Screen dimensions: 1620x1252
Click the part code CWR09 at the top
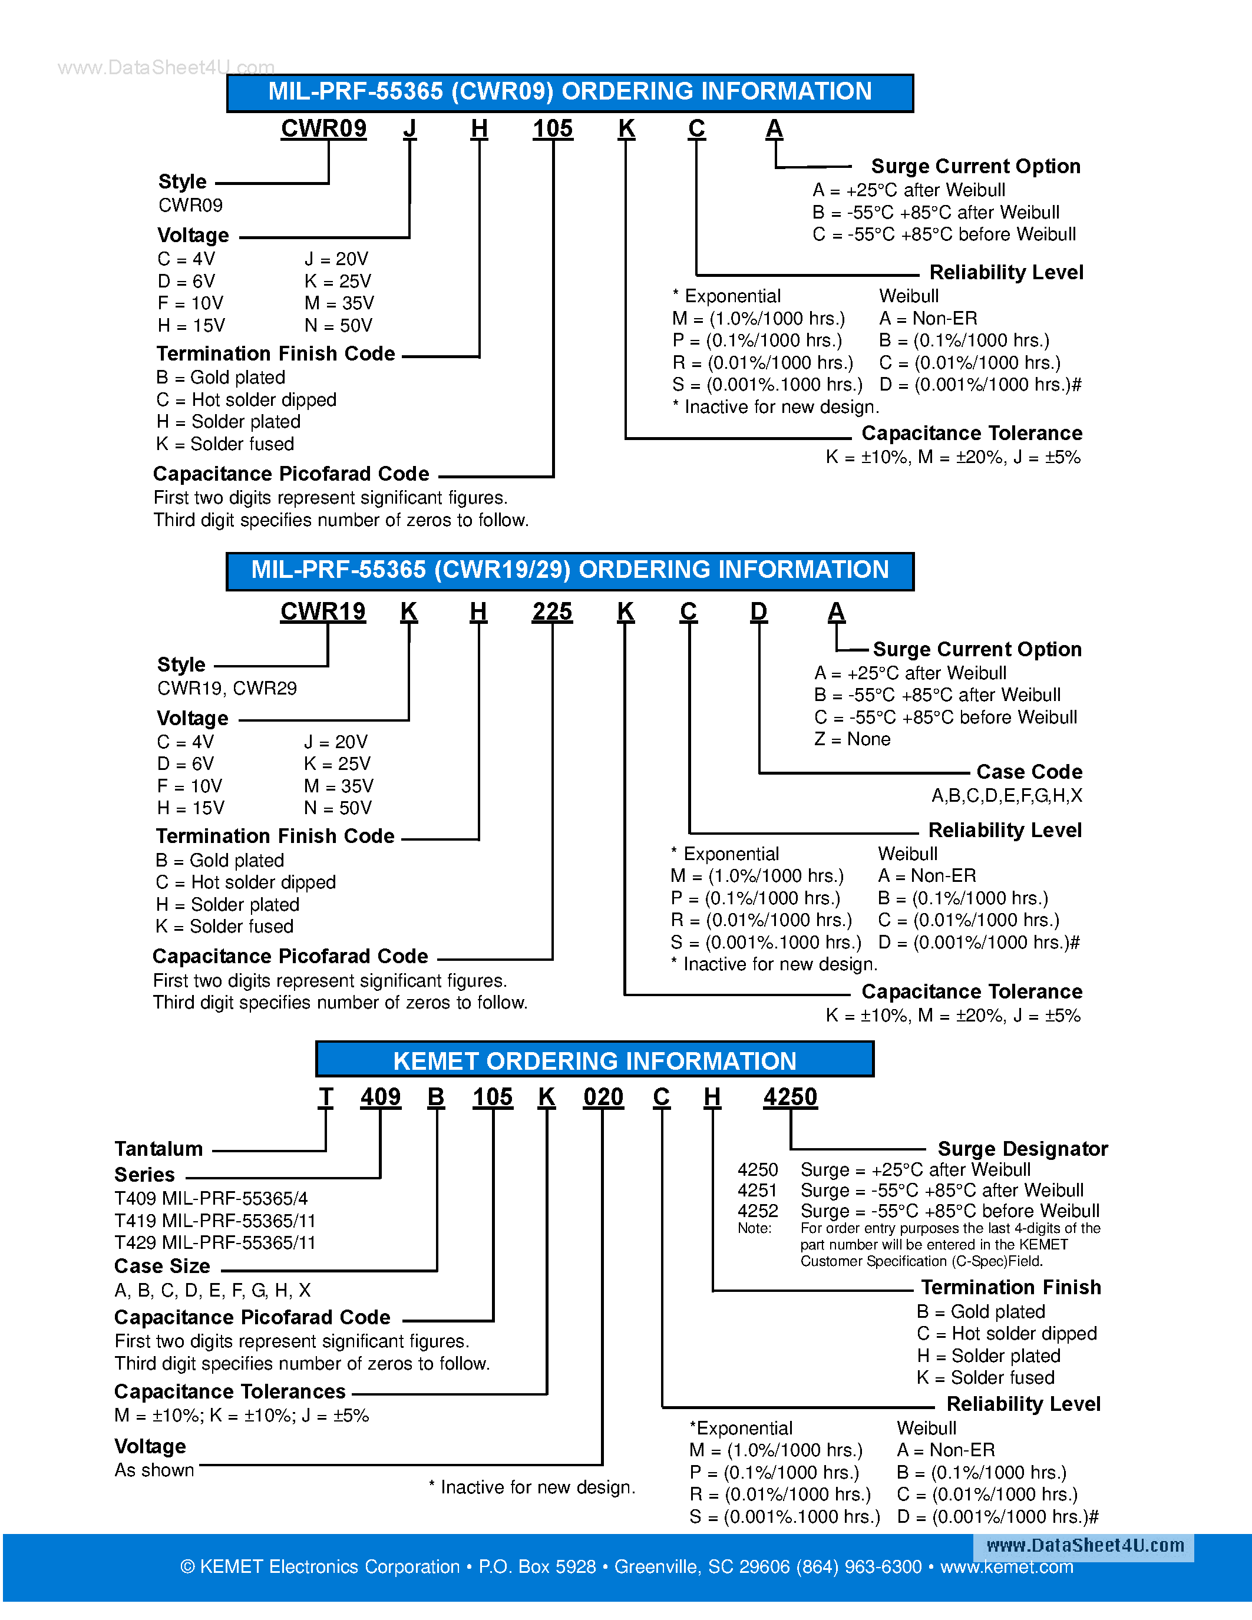323,128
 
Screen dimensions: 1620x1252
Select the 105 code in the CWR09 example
553,128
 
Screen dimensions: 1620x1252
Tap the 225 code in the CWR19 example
552,611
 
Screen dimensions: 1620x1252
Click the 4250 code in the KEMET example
790,1096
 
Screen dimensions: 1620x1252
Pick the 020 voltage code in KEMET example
603,1096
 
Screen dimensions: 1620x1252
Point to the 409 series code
381,1096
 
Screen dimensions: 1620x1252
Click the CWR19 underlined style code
323,611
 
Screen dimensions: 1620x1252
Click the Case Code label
1029,772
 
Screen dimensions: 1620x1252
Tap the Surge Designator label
1022,1148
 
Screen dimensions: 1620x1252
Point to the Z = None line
852,739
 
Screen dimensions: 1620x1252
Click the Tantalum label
158,1148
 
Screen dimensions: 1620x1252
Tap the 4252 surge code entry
757,1211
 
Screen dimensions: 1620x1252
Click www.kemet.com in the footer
1006,1566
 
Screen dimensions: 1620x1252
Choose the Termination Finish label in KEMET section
1010,1287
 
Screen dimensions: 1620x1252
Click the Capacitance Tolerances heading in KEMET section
230,1391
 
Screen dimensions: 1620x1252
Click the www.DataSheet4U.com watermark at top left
166,68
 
